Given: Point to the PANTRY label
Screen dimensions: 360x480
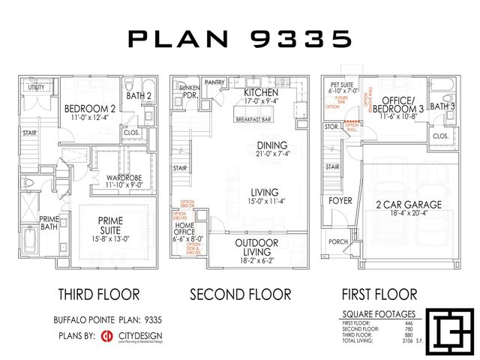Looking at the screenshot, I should [x=214, y=83].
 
